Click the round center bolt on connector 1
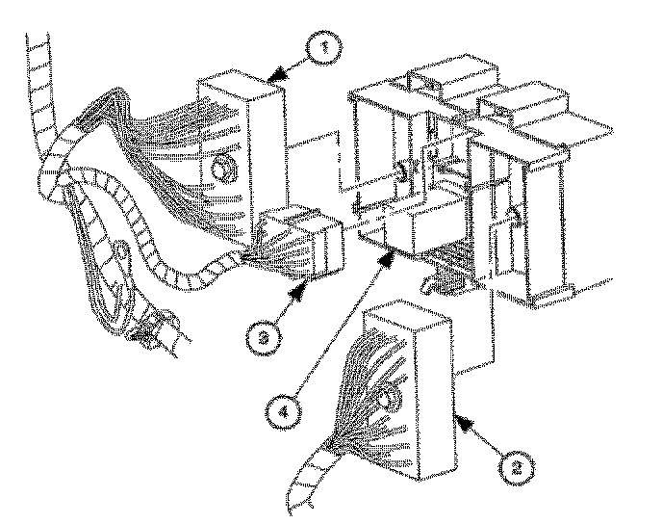[222, 170]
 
